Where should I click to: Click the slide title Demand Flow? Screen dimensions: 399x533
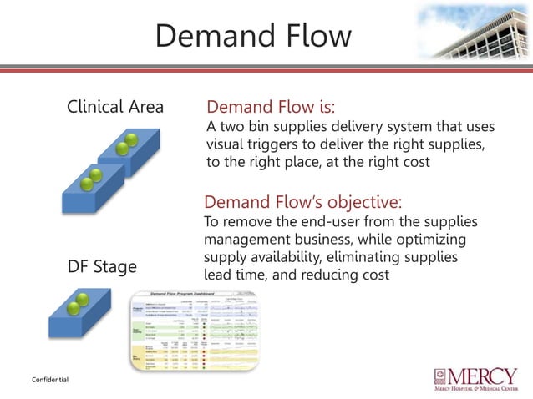pyautogui.click(x=253, y=37)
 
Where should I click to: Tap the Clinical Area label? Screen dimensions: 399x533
pyautogui.click(x=115, y=108)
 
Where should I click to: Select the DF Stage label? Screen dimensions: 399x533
pyautogui.click(x=102, y=268)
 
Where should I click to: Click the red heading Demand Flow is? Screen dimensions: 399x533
pyautogui.click(x=270, y=108)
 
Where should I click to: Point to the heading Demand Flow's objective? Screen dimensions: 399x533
pyautogui.click(x=302, y=203)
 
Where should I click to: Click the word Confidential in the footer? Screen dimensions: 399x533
pyautogui.click(x=50, y=380)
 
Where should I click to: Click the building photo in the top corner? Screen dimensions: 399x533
pyautogui.click(x=473, y=33)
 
